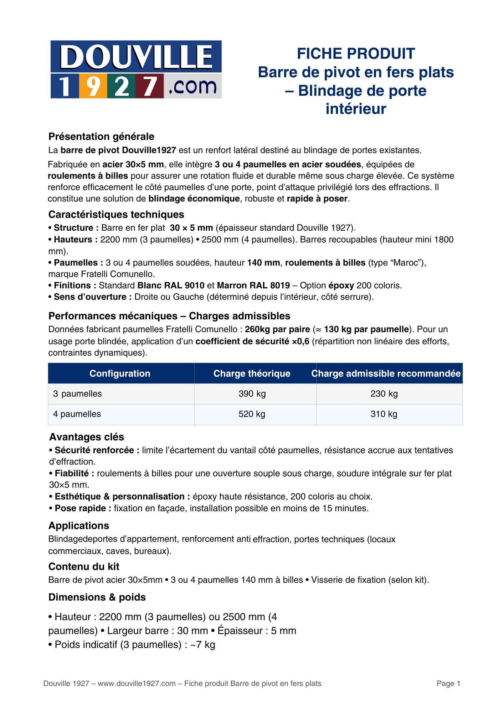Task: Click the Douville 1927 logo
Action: tap(136, 69)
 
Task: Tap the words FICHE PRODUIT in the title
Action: tap(356, 54)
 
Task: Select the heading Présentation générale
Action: tap(101, 137)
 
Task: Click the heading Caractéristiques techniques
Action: tap(116, 215)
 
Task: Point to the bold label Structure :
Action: tap(73, 228)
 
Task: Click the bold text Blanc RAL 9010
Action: tap(171, 286)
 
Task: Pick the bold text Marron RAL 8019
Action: tap(253, 286)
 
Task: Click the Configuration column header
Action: tap(120, 373)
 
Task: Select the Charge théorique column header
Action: tap(252, 373)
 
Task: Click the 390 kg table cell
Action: tap(252, 394)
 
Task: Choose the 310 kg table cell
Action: tap(384, 414)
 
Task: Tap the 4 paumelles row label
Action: tap(77, 414)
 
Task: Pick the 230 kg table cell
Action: tap(384, 394)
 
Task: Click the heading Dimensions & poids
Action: tap(97, 597)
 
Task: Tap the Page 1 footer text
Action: tap(448, 684)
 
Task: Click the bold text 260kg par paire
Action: tap(277, 329)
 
